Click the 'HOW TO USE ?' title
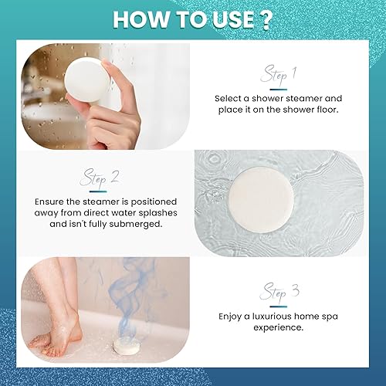192,19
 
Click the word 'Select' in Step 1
230,98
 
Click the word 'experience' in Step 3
279,327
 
